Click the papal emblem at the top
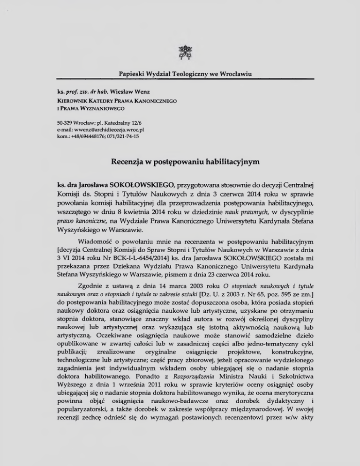180,52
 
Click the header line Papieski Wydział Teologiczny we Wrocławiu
180,74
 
